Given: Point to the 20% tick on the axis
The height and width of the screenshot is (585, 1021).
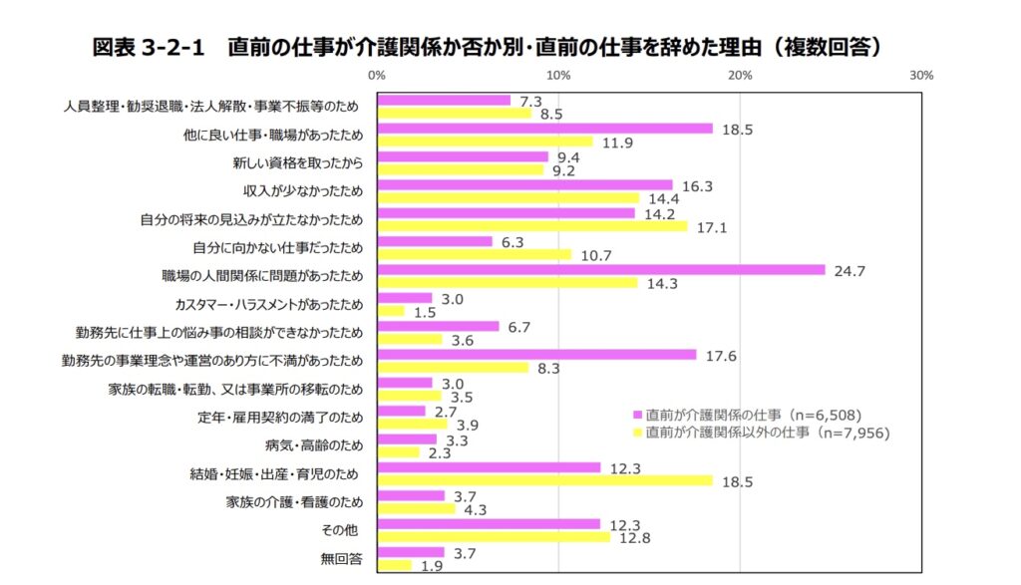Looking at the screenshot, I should [x=740, y=75].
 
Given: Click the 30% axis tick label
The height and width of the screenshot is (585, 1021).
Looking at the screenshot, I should [x=921, y=75].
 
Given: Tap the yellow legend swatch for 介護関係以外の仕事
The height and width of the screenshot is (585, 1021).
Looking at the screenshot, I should [x=637, y=433].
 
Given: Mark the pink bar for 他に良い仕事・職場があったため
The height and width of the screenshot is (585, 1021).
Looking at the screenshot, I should [x=545, y=129].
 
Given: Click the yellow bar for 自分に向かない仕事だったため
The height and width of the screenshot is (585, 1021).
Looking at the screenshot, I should [x=475, y=255].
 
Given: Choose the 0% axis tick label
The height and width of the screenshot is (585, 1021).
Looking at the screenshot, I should [x=377, y=75].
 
